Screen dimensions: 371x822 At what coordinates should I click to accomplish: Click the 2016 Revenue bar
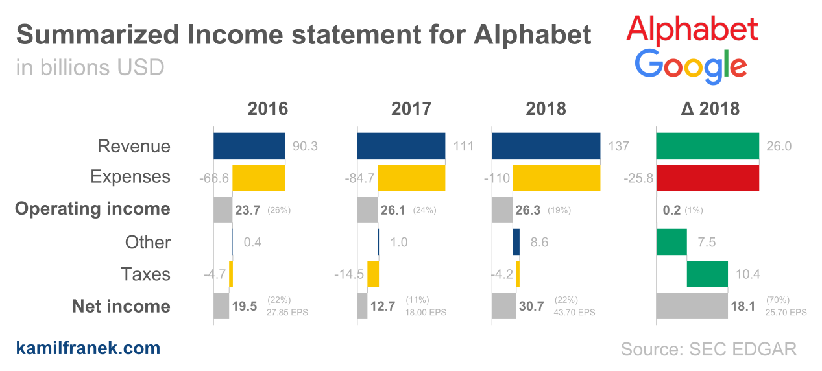point(249,146)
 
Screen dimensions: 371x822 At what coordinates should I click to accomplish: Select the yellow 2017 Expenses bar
point(411,177)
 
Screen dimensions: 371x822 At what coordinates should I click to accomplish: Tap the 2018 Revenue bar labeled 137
point(546,146)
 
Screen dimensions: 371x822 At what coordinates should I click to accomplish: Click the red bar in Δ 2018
point(707,177)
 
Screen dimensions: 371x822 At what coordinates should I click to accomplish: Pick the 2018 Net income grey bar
point(503,306)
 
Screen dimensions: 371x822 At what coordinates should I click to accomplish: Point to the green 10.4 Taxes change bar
point(707,274)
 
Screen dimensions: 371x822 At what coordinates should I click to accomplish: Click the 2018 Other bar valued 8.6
point(516,242)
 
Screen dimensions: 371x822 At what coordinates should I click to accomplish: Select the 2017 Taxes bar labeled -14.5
point(373,274)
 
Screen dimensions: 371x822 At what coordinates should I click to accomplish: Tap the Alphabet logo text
point(692,29)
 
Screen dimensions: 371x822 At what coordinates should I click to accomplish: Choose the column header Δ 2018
point(710,108)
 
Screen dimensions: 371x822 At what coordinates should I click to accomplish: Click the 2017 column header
point(411,108)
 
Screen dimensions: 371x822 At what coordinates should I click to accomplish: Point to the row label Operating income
point(93,209)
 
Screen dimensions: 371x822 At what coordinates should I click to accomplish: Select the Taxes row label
point(145,274)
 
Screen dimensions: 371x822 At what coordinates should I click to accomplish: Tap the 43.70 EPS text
point(573,312)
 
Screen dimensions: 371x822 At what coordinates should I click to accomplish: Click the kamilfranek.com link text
point(88,348)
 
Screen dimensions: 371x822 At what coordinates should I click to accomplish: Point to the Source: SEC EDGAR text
point(708,349)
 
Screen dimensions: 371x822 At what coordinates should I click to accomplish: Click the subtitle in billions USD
point(90,67)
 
